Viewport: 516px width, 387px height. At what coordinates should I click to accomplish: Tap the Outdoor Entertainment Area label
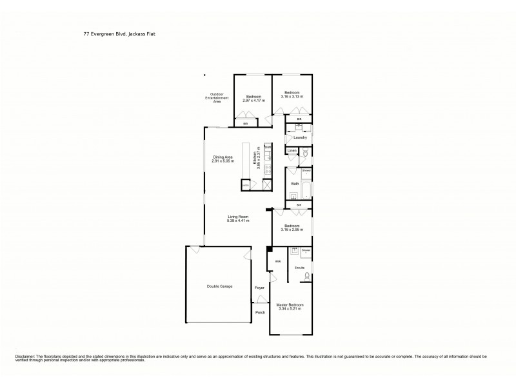pos(213,97)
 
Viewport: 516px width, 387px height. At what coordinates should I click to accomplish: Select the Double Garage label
pos(219,286)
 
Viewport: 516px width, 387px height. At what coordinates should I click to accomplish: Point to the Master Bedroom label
pos(290,304)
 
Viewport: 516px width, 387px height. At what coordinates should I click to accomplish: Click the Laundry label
pos(299,137)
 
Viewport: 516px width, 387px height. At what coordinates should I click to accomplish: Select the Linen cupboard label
pos(292,150)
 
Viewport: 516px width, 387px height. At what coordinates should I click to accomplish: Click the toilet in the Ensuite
pos(306,275)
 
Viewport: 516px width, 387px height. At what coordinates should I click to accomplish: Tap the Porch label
pos(261,313)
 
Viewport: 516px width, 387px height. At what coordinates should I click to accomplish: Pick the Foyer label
pos(259,288)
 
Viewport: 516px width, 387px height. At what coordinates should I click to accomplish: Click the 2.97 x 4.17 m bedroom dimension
pos(253,101)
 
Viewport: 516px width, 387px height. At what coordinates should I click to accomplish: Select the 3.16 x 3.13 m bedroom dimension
pos(292,96)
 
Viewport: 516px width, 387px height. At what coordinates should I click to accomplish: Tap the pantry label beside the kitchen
pos(245,186)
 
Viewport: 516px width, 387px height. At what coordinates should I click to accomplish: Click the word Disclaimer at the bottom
pos(21,356)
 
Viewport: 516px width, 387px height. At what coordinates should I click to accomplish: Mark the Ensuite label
pos(299,266)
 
